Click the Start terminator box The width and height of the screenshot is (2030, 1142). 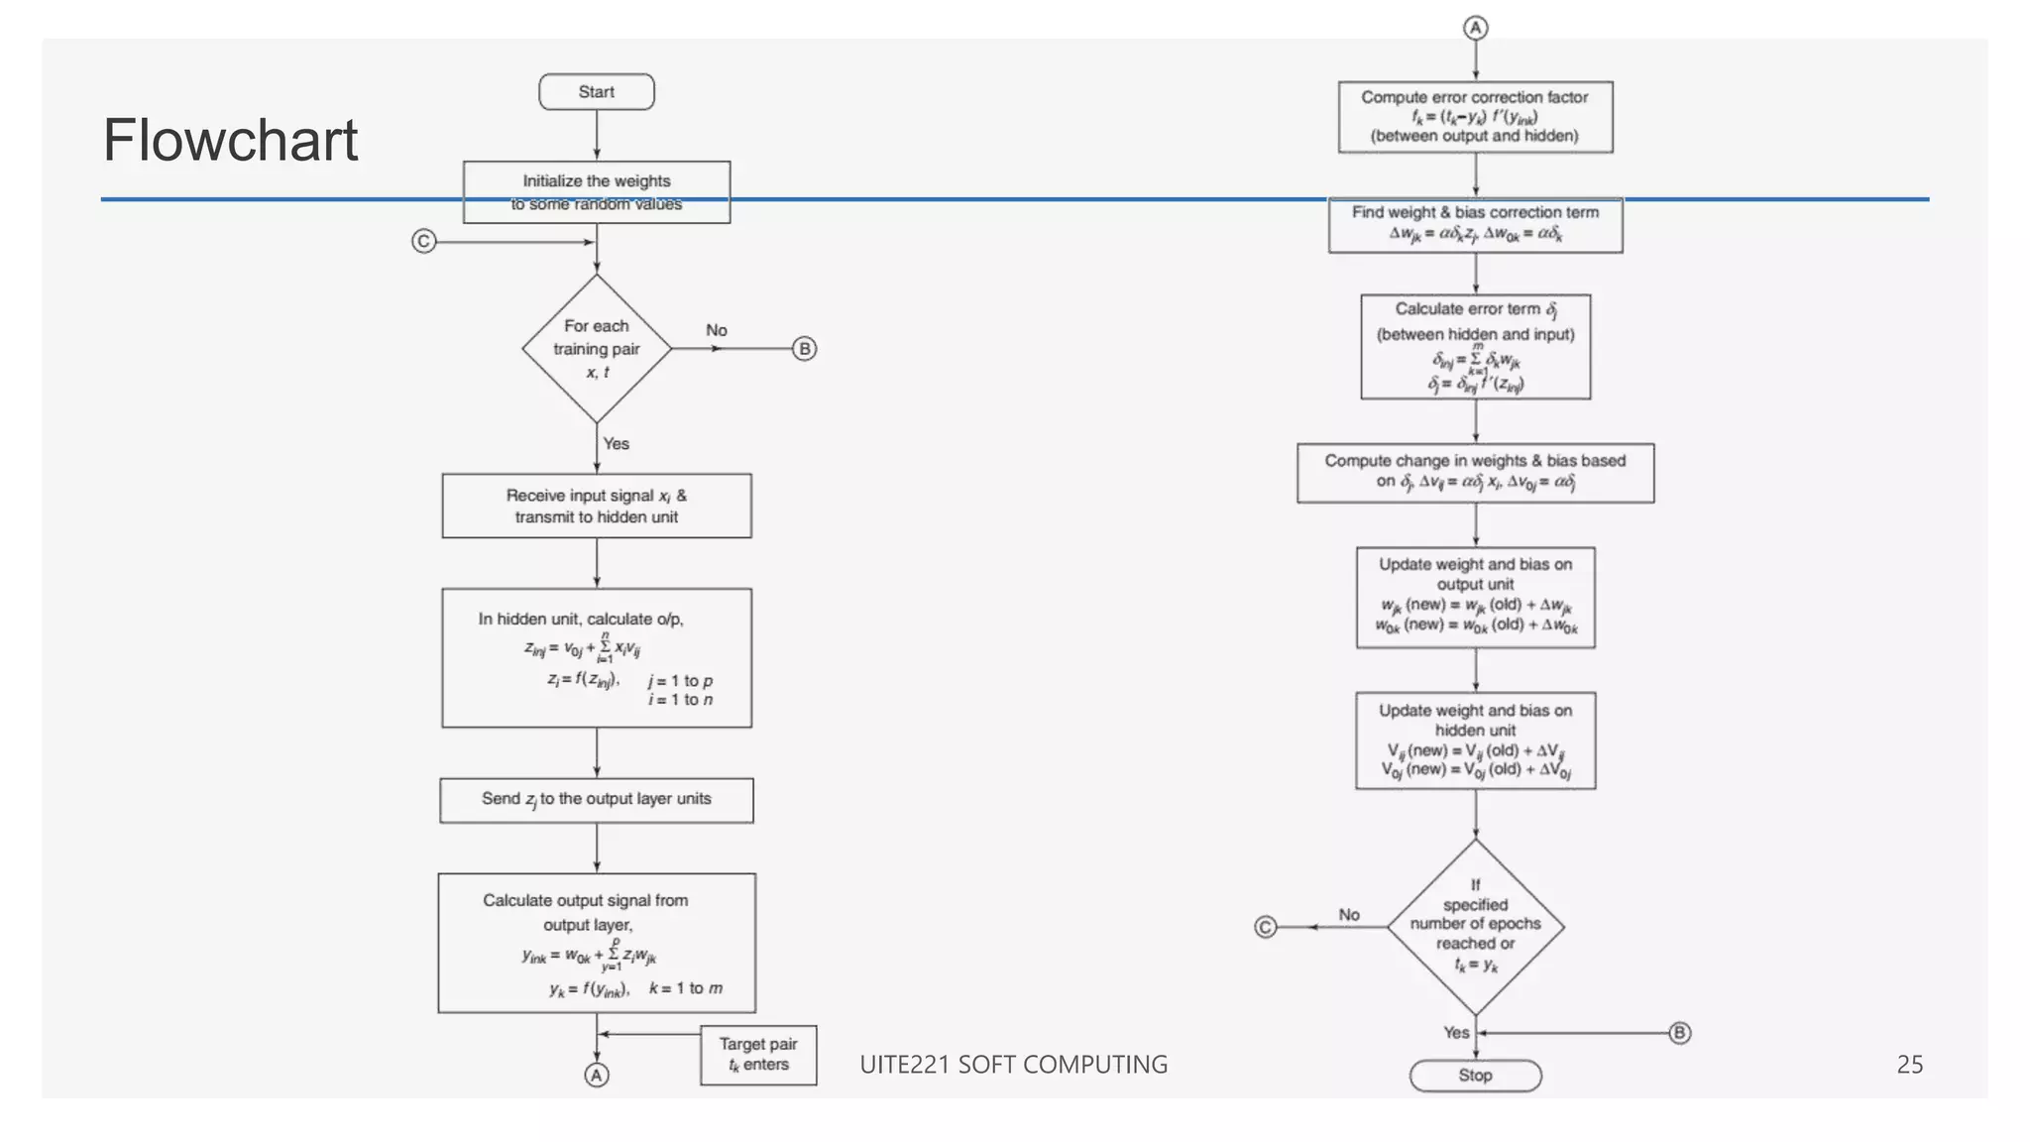[x=596, y=92]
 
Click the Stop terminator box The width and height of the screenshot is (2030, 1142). [x=1475, y=1076]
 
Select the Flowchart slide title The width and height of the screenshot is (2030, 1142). [x=230, y=140]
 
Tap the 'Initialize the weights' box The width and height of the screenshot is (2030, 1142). [x=596, y=192]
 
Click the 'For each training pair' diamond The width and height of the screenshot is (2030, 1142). [x=596, y=348]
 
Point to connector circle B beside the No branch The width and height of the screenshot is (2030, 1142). [x=805, y=349]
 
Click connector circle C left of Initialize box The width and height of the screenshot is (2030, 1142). [x=424, y=241]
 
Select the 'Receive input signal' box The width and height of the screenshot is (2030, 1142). [x=596, y=506]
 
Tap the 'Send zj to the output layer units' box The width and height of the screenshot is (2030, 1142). [x=596, y=800]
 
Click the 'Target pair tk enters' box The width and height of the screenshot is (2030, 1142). [x=758, y=1055]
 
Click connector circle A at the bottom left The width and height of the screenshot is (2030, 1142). [x=596, y=1076]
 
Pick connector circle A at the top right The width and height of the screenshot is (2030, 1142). [x=1475, y=28]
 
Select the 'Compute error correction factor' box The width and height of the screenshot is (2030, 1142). [x=1475, y=117]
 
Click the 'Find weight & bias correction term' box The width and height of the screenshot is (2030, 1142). [x=1475, y=225]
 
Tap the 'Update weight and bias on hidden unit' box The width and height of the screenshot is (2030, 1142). [x=1475, y=741]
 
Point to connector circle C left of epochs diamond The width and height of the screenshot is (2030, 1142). [x=1266, y=927]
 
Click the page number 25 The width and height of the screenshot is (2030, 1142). [x=1909, y=1065]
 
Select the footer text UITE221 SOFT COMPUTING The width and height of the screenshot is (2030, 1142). [x=1013, y=1065]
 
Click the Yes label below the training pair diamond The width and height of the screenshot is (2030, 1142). [x=617, y=444]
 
